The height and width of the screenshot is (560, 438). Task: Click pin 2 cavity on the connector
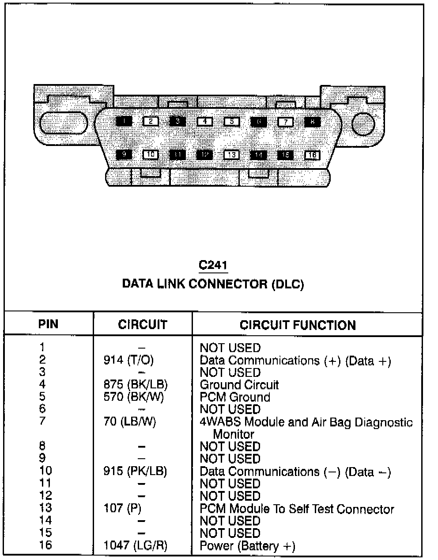point(151,121)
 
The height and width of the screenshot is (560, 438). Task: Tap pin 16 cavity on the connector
point(312,155)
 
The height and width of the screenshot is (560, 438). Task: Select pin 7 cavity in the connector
point(285,121)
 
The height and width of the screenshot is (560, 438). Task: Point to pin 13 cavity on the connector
point(231,155)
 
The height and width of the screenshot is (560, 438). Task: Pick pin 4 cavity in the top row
point(204,121)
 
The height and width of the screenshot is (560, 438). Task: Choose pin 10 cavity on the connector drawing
point(151,155)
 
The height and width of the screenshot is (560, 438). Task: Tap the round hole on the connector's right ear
point(363,124)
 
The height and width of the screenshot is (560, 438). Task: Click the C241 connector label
point(213,265)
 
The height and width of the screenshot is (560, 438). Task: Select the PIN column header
point(48,324)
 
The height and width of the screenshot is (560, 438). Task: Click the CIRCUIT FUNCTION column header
point(298,325)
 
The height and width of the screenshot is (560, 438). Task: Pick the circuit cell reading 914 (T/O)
point(128,361)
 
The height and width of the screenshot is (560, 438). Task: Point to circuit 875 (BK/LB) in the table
point(136,385)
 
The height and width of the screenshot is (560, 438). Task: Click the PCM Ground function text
point(235,397)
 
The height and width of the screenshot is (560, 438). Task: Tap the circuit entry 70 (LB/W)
point(129,422)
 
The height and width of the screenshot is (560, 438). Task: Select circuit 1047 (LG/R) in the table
point(136,545)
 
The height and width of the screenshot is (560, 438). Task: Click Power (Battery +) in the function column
point(247,546)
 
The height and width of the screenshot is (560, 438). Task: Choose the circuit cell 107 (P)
point(122,509)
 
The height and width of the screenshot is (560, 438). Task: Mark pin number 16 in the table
point(45,545)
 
